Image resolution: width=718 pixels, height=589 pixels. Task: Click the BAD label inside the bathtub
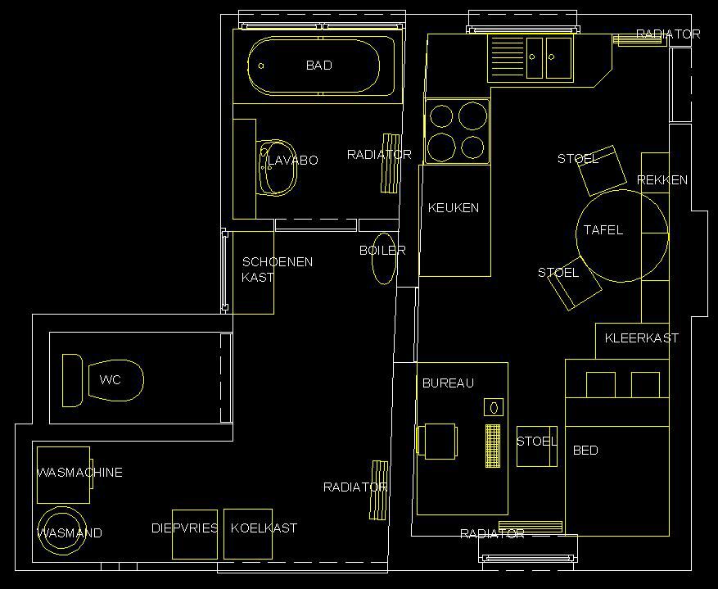point(319,66)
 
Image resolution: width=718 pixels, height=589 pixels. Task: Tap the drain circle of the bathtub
point(261,66)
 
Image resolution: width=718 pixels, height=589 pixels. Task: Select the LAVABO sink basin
point(277,168)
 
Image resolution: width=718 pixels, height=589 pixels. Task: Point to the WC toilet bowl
point(115,380)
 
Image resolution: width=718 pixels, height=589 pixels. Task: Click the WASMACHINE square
point(63,475)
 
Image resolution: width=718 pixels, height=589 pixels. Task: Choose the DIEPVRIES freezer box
point(195,534)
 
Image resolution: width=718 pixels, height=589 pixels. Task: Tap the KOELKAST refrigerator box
point(248,534)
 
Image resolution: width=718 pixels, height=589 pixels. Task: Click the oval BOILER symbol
point(384,259)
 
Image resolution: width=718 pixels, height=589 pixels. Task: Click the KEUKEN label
point(454,208)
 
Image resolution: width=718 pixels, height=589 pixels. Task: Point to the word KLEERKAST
point(642,338)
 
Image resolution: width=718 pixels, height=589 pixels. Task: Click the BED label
point(585,451)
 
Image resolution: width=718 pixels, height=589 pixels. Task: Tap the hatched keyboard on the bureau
point(493,446)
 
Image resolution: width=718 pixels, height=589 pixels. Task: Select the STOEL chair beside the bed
point(537,446)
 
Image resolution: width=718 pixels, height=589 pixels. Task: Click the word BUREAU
point(448,383)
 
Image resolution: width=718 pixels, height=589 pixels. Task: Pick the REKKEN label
point(662,180)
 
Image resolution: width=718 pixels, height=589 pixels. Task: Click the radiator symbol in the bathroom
point(391,164)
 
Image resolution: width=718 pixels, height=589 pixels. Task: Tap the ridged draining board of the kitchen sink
point(508,57)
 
